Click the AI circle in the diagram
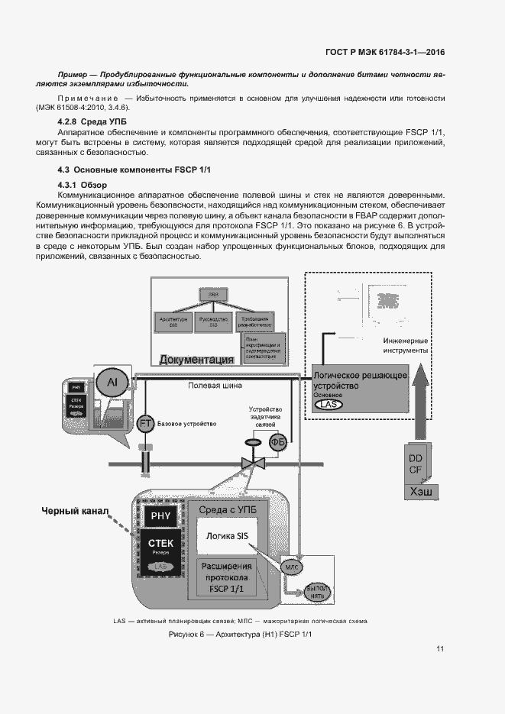click(112, 382)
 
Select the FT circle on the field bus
click(145, 423)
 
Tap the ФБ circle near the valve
click(277, 441)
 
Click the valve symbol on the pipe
click(251, 462)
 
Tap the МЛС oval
click(292, 567)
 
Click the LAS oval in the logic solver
click(328, 405)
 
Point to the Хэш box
click(421, 491)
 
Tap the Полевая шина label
click(215, 386)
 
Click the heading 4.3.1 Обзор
click(84, 186)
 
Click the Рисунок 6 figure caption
click(241, 635)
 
